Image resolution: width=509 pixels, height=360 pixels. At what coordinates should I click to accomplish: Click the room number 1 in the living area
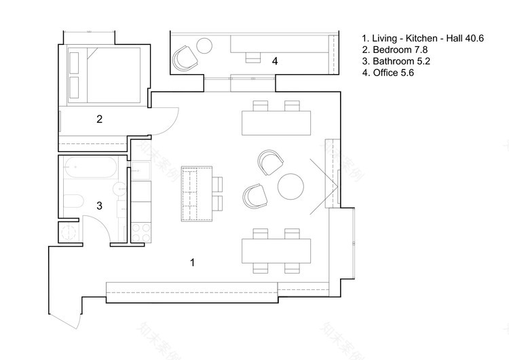193,262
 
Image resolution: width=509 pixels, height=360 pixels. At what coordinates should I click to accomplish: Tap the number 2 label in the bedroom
99,120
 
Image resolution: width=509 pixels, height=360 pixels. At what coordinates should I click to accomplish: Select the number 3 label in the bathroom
99,204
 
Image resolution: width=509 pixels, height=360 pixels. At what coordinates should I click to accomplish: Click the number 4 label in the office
274,61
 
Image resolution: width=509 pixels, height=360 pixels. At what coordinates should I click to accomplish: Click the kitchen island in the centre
196,193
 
